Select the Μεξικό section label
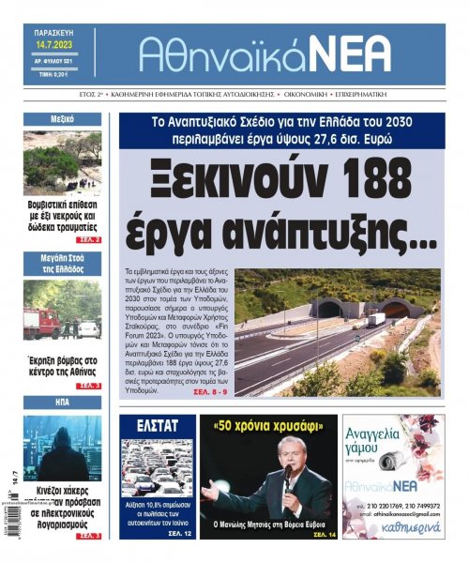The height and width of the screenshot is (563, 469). click(63, 119)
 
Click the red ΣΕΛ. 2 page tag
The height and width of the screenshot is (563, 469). click(90, 240)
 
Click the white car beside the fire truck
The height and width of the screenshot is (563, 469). click(87, 328)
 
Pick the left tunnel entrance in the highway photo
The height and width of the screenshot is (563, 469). click(329, 309)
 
